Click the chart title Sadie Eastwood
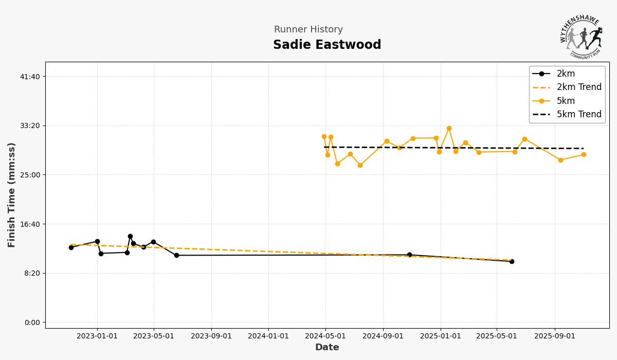tap(327, 45)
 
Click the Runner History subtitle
tap(308, 30)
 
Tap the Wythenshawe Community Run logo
tap(581, 36)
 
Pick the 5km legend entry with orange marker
tap(566, 101)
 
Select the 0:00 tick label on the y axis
tap(32, 322)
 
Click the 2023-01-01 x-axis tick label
tap(97, 336)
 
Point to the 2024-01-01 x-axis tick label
tap(268, 336)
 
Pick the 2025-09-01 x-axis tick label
tap(554, 336)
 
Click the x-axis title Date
tap(327, 348)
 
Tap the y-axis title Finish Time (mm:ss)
tap(12, 195)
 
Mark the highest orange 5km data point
tap(449, 128)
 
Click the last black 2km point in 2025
tap(512, 261)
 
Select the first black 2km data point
tap(71, 247)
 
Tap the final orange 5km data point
tap(584, 154)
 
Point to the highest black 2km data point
tap(130, 237)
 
